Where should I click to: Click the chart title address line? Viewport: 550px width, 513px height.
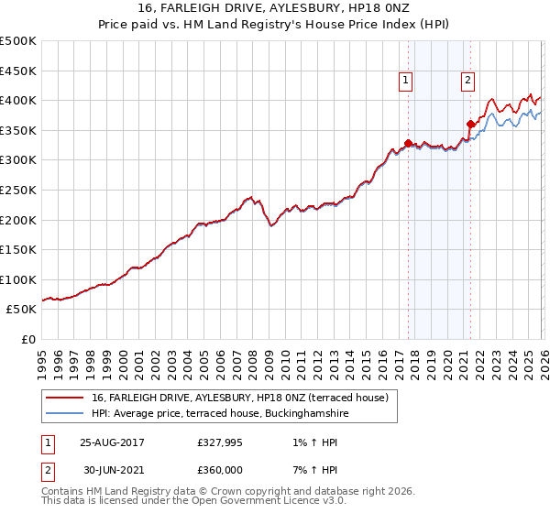[x=274, y=10]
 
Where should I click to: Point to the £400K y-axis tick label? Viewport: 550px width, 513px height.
[x=18, y=100]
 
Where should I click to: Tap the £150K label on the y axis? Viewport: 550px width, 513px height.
[x=18, y=249]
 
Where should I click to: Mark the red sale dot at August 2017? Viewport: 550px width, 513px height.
[x=408, y=143]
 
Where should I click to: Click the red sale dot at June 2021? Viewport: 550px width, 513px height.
[x=470, y=124]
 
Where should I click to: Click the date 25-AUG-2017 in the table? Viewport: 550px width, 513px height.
[x=112, y=442]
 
